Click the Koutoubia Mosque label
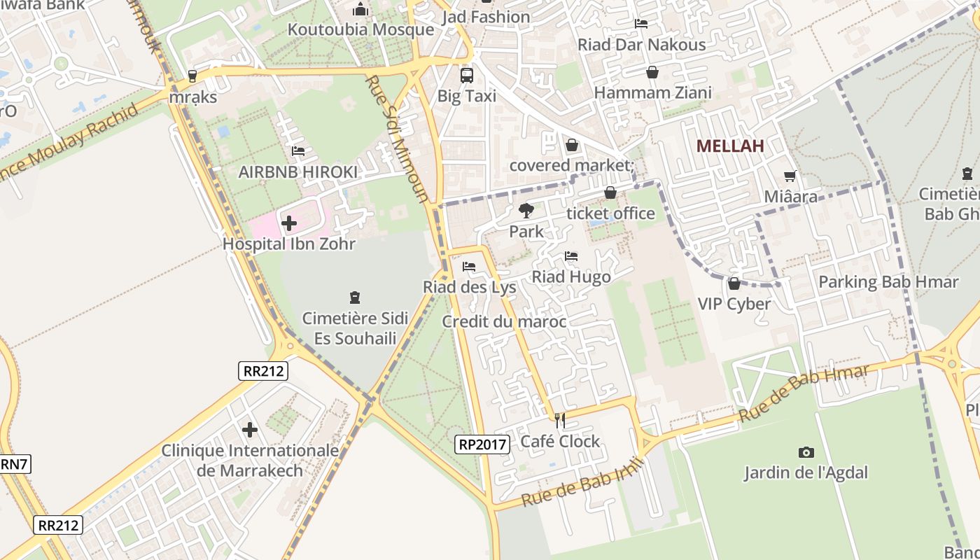coord(360,30)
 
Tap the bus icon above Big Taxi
coord(466,75)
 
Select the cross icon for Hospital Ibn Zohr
coord(288,224)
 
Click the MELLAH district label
coord(730,146)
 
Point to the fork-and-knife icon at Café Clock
coord(559,420)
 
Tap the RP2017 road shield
coord(482,444)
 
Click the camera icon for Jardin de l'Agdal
coord(806,453)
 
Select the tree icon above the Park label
coord(526,210)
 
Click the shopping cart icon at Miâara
coord(790,176)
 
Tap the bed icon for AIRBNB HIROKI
coord(298,151)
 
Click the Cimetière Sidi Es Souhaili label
coord(355,328)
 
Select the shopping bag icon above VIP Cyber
coord(734,283)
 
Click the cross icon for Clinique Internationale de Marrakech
coord(250,429)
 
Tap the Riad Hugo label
coord(571,277)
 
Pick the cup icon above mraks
coord(192,76)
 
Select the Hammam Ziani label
coord(652,93)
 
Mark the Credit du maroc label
coord(504,322)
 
